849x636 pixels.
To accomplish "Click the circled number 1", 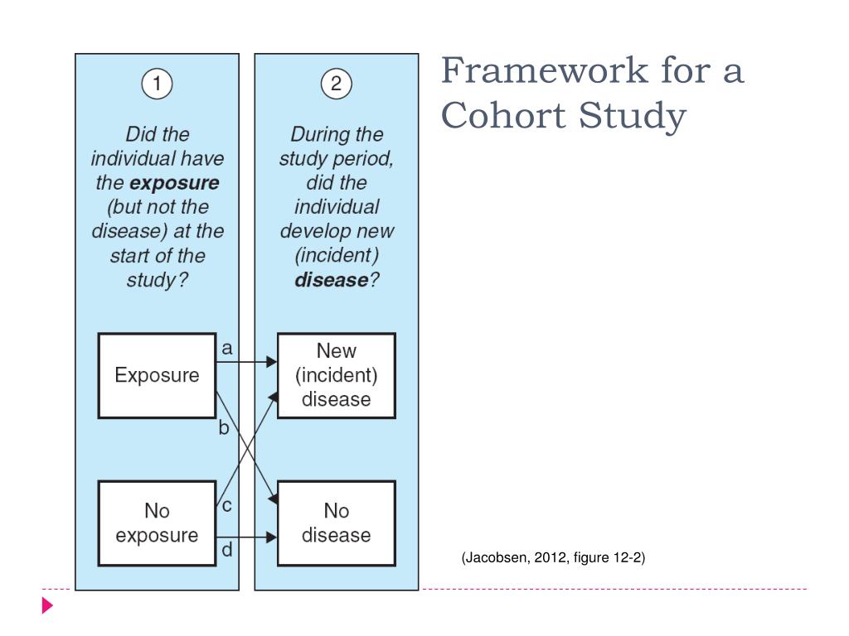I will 157,84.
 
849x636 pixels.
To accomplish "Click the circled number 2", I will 336,84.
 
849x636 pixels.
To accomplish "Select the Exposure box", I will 157,375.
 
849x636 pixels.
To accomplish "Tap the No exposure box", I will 157,523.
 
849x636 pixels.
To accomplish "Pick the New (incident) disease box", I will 336,375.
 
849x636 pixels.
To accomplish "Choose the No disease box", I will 336,523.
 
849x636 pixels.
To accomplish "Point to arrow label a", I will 226,349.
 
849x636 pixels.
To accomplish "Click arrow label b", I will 223,429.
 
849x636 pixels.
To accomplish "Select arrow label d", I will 226,550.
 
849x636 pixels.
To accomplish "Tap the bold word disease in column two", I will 331,280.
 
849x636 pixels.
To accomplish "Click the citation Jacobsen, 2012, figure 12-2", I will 553,557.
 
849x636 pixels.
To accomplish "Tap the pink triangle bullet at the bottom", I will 48,605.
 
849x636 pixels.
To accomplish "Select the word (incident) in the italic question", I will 336,255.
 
